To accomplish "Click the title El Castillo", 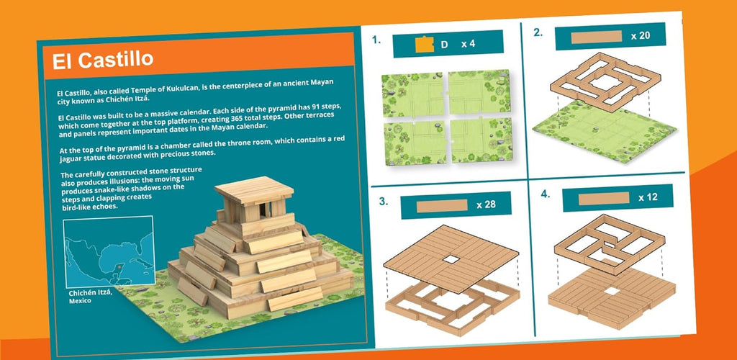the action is click(x=103, y=60).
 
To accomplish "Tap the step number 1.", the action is click(x=376, y=40).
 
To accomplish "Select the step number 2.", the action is click(x=538, y=32).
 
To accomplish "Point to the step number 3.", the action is click(x=384, y=202).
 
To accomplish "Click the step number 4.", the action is click(x=546, y=194).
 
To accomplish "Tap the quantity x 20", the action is click(x=641, y=36).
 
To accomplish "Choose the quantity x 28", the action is click(x=486, y=205).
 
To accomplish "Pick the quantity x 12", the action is click(x=648, y=198).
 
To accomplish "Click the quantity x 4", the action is click(x=468, y=44).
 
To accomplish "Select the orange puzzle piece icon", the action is click(x=425, y=45).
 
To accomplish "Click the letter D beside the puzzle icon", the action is click(x=444, y=45).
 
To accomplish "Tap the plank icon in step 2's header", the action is click(x=596, y=37).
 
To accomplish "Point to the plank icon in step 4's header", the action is click(x=604, y=199).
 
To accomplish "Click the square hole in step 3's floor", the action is click(x=451, y=259).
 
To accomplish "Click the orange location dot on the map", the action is click(x=119, y=267).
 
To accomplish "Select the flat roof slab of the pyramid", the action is click(x=254, y=190).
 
